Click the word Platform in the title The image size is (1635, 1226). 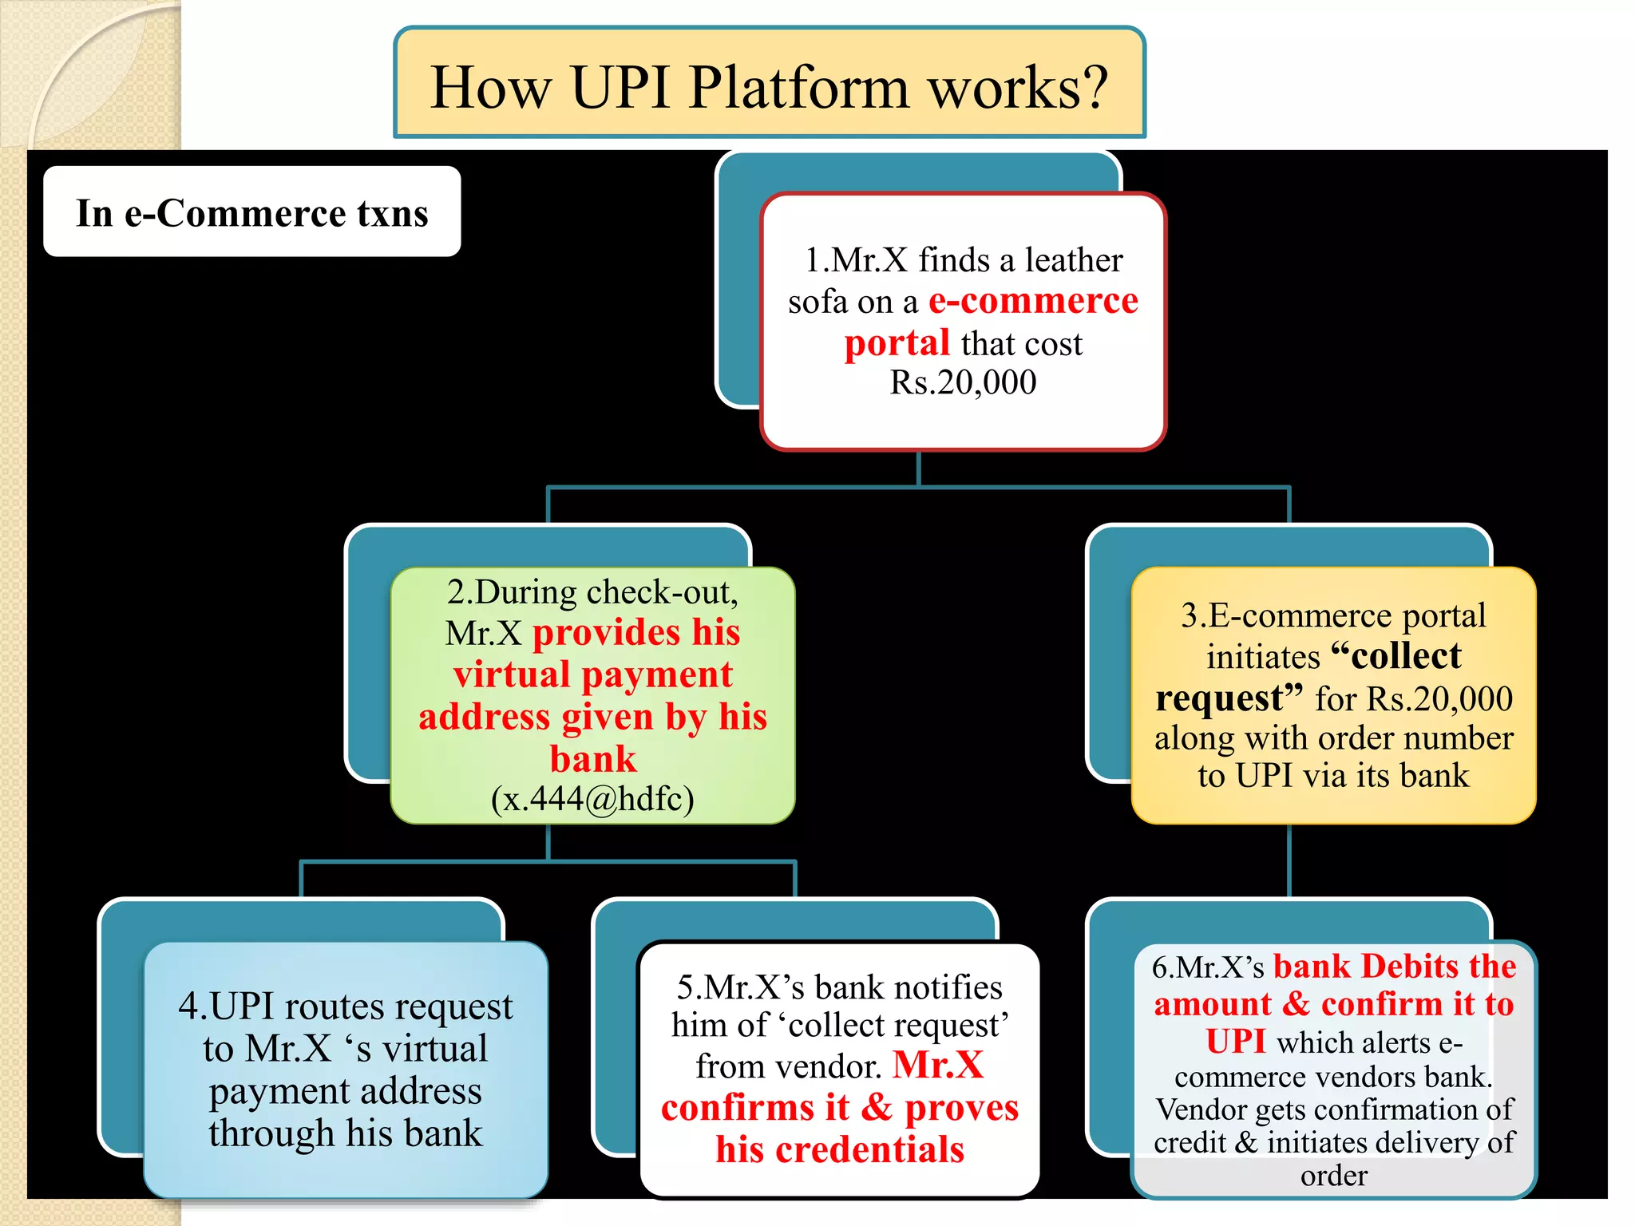tap(798, 88)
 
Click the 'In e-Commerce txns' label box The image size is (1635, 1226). tap(251, 212)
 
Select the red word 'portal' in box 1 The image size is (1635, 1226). tap(897, 344)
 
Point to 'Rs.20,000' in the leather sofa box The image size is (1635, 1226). tap(963, 383)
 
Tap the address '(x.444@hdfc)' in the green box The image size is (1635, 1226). tap(592, 799)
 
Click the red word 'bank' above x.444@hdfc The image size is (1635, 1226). tap(592, 759)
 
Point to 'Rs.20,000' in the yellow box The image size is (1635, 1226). tap(1439, 698)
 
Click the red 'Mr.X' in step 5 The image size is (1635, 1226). tap(938, 1066)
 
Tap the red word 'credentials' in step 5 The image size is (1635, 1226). tap(869, 1150)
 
